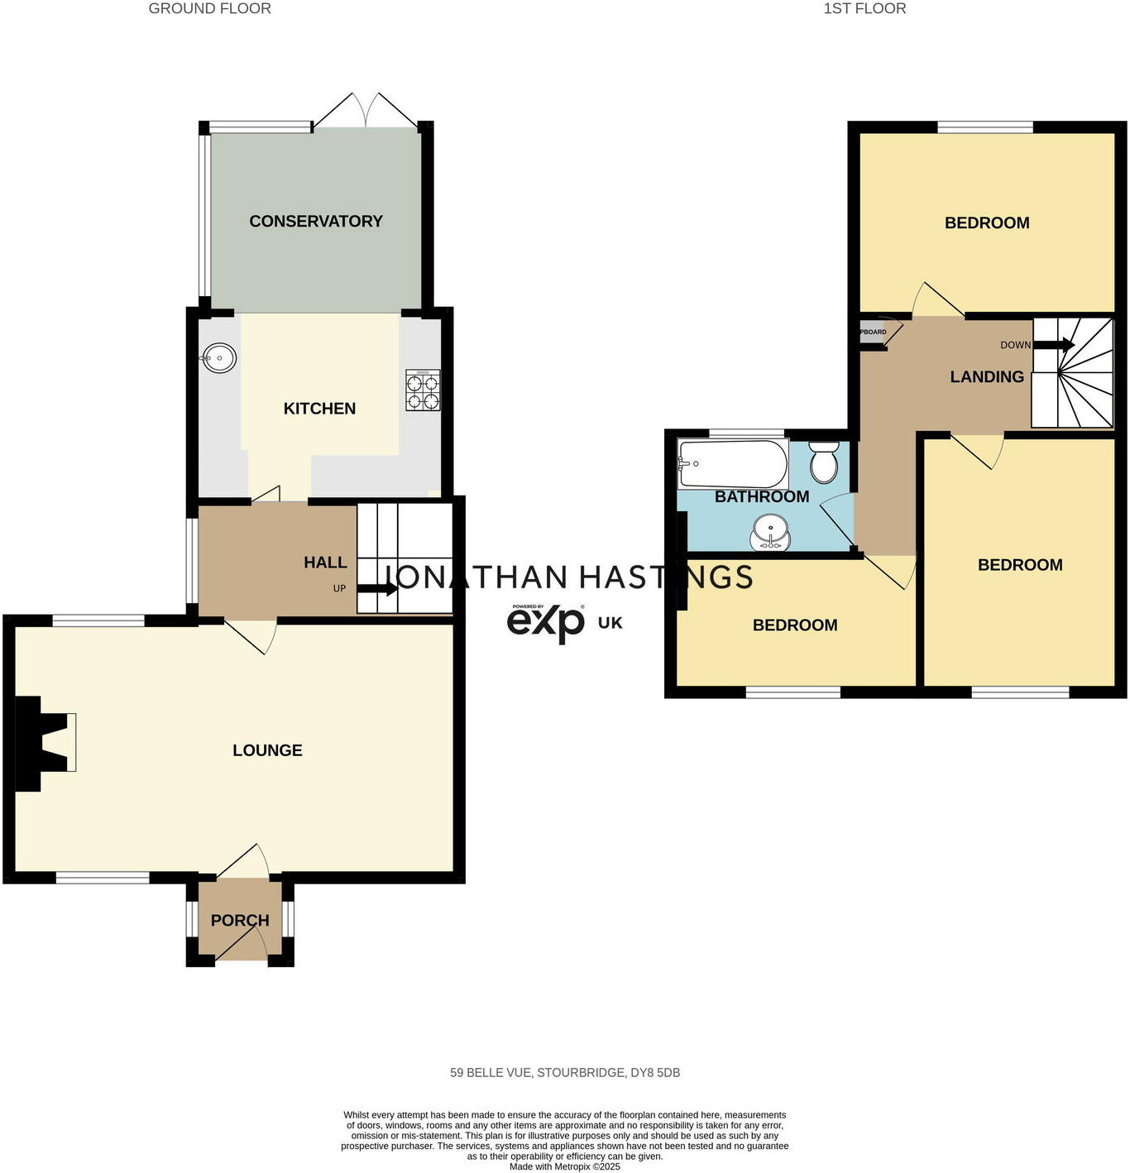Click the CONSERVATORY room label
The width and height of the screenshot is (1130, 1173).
point(316,221)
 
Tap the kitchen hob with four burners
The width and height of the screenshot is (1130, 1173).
point(423,390)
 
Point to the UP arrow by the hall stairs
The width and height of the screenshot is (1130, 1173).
point(377,589)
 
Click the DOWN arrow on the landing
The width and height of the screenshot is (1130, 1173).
point(1054,345)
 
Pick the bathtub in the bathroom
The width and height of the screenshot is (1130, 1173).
point(732,464)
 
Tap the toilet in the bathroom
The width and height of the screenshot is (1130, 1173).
point(824,462)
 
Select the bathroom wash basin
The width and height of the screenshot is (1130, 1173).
point(771,531)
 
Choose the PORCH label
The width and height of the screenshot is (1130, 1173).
point(240,920)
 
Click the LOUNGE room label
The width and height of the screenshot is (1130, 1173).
point(267,750)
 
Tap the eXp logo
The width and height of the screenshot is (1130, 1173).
point(546,622)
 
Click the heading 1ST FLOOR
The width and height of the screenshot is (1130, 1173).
point(864,8)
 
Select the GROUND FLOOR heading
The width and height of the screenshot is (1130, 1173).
point(209,8)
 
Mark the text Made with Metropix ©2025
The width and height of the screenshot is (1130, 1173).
point(564,1166)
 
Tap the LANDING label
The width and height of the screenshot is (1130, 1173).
point(987,376)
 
